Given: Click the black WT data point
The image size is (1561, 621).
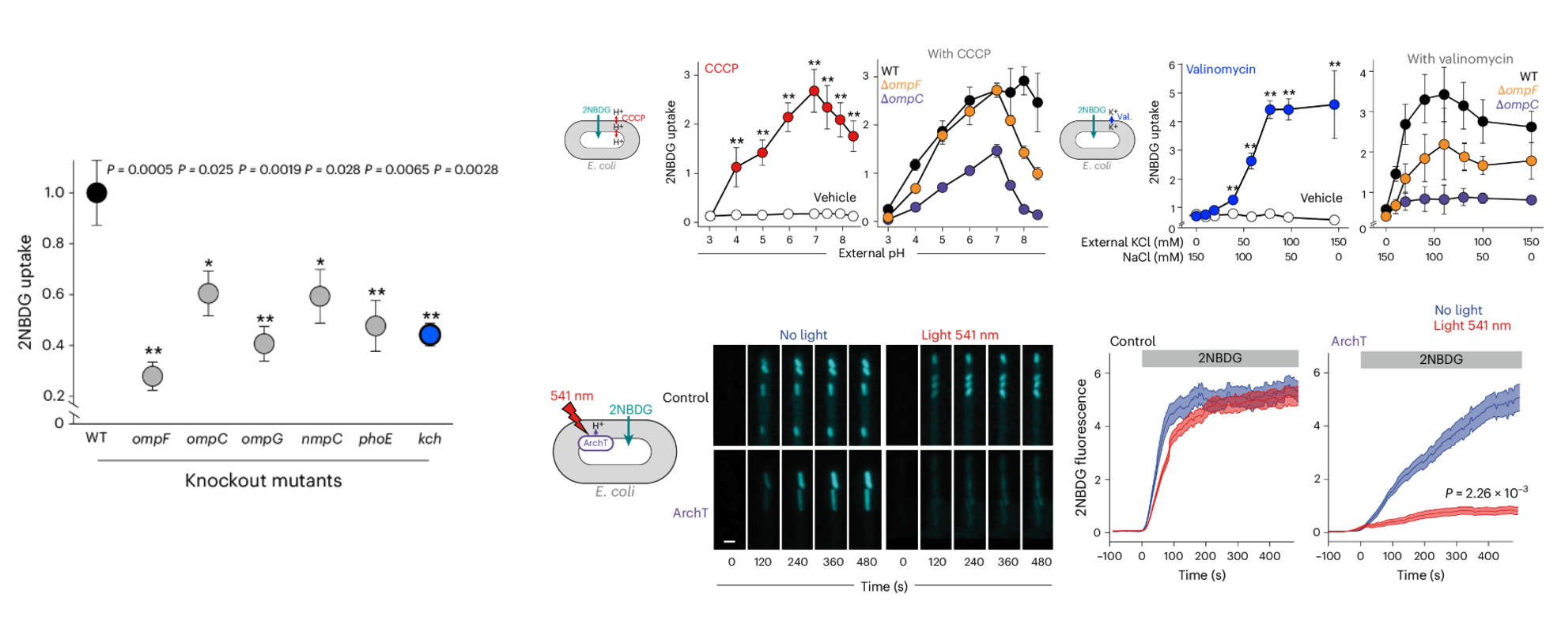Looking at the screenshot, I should [x=96, y=192].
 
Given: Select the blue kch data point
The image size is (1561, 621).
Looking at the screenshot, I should [x=429, y=335].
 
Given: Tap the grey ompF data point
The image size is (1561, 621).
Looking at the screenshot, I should [x=153, y=377].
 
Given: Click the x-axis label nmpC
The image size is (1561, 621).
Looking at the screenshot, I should [x=321, y=439].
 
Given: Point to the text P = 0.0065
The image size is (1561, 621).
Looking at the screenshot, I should [x=397, y=169].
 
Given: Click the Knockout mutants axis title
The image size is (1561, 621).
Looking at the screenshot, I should [x=263, y=481].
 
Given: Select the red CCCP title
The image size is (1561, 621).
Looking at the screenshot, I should [x=721, y=69].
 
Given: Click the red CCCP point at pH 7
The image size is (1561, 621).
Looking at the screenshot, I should [x=814, y=91].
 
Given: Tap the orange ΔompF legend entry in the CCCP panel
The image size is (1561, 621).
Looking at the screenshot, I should [x=901, y=85].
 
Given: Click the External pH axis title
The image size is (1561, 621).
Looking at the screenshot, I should [x=871, y=253].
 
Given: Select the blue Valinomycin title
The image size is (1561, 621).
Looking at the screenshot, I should [x=1220, y=70].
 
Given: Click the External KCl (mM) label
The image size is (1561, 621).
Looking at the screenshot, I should [x=1132, y=242].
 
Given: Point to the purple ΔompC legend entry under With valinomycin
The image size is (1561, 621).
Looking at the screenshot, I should [x=1517, y=104].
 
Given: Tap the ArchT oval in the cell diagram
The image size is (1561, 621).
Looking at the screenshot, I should [x=595, y=443].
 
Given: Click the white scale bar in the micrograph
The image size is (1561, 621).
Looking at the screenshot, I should [x=729, y=542].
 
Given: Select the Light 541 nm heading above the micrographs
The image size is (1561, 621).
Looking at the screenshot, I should [x=959, y=335].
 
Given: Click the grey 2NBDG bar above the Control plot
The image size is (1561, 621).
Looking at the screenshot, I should [x=1219, y=358].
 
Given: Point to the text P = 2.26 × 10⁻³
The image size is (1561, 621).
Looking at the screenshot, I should [x=1486, y=493].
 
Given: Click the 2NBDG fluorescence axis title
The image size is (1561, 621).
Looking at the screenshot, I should [x=1081, y=447].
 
